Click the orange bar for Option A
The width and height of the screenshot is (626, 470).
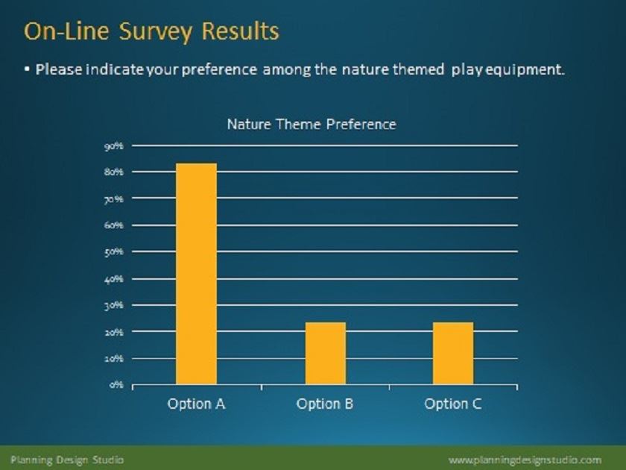click(197, 274)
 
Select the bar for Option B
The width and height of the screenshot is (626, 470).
click(326, 354)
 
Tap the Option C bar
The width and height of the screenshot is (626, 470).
click(453, 354)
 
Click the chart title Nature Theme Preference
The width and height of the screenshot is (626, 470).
click(312, 125)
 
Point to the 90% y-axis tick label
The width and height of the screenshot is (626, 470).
click(114, 146)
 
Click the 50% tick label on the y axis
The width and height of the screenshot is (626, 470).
click(114, 252)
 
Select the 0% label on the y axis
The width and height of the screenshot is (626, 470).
click(116, 385)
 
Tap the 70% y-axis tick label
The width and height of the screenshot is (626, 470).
click(114, 198)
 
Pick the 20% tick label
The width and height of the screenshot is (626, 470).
click(114, 332)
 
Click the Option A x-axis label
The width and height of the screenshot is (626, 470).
click(197, 404)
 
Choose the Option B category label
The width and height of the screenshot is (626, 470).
click(325, 404)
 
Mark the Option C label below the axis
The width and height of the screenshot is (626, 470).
click(453, 404)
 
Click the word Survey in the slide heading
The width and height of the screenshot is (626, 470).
click(156, 32)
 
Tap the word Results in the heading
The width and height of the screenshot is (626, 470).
click(240, 31)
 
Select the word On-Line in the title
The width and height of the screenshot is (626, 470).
click(66, 31)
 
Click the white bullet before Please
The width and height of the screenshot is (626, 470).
click(27, 69)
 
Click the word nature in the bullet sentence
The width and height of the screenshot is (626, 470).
click(365, 69)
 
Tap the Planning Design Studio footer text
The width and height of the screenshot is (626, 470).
click(67, 460)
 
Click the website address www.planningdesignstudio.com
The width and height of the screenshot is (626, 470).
click(525, 460)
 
